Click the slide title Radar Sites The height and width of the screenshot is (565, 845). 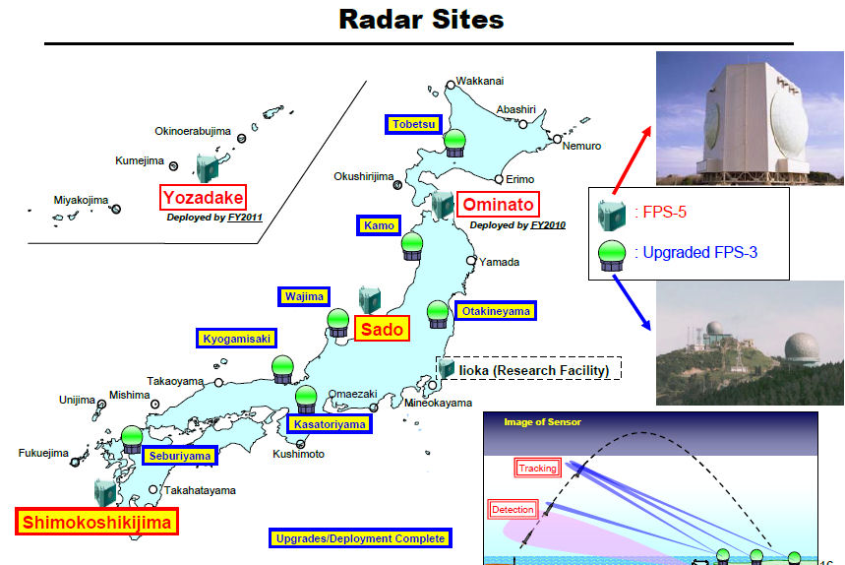421,20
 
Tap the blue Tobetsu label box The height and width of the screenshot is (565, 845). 413,125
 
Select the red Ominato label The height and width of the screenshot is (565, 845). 498,205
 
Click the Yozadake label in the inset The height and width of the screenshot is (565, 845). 203,197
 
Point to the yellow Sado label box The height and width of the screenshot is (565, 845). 382,329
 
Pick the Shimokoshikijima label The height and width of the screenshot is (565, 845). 96,522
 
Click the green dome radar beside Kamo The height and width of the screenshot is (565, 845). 412,247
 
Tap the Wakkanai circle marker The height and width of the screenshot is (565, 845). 451,85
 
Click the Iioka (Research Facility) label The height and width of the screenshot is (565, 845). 533,370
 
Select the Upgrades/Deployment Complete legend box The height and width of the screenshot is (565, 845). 360,538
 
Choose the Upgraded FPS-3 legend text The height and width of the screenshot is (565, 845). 695,252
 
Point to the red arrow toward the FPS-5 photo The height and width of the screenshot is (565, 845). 633,160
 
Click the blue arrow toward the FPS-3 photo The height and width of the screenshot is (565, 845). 633,302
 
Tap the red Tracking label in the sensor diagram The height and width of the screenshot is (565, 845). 537,468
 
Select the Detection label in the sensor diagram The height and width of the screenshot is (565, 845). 513,510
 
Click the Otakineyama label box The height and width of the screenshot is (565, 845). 495,311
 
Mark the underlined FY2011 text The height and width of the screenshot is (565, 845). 245,218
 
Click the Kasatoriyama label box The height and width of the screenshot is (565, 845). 330,424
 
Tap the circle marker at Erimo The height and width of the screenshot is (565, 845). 499,179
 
